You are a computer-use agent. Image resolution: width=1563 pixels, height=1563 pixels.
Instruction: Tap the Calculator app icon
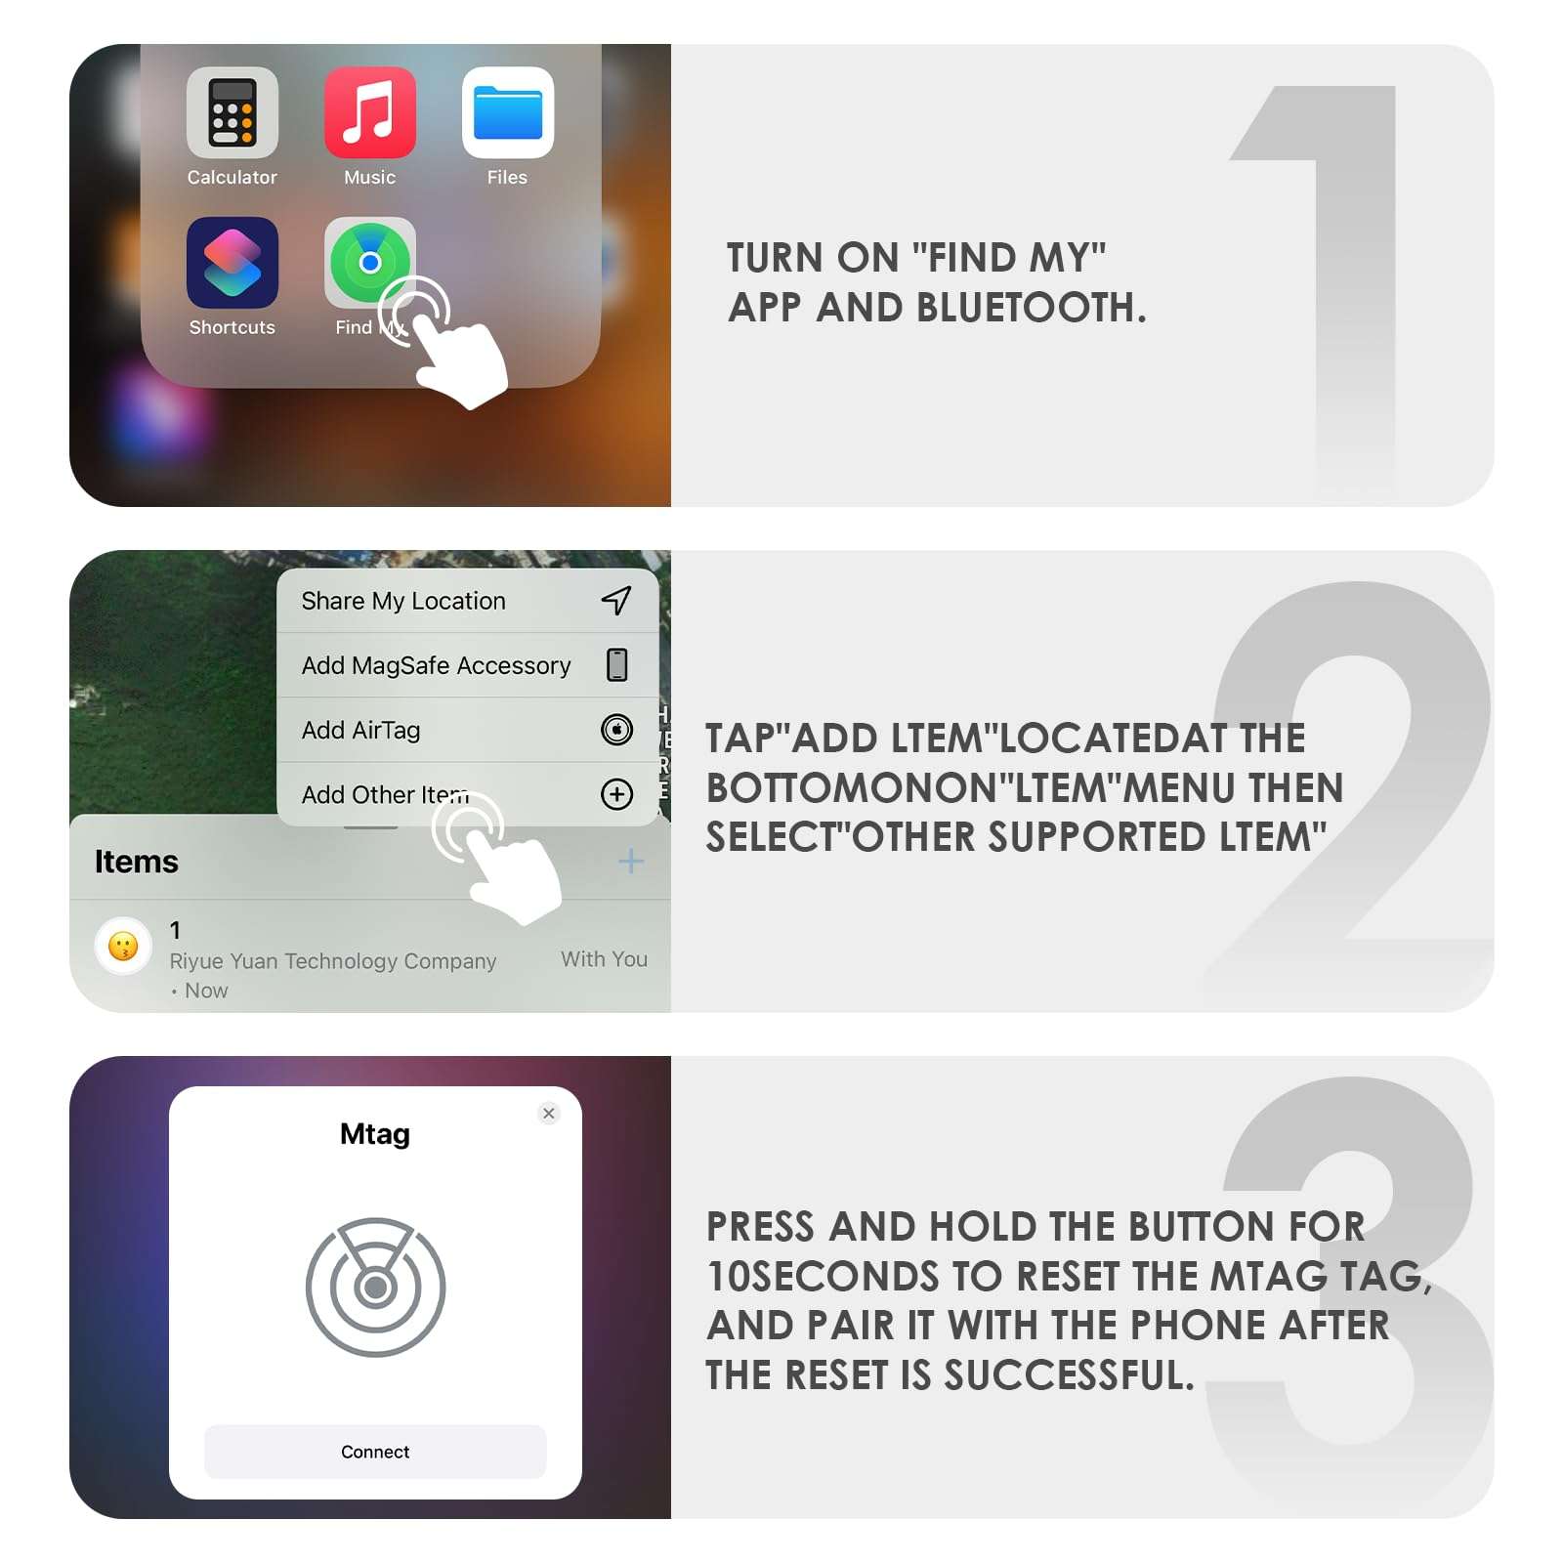232,112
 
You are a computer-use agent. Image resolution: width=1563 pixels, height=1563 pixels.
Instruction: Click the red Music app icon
369,112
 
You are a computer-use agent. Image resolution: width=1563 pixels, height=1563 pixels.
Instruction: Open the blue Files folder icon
507,112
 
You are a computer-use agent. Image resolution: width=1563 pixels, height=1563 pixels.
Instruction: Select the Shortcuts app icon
232,262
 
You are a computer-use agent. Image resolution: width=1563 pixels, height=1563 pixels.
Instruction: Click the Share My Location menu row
403,601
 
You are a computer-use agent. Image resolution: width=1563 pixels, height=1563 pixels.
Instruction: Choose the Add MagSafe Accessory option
436,665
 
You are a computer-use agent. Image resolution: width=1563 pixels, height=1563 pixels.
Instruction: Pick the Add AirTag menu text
360,730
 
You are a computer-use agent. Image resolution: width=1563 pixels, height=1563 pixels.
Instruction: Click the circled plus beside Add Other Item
616,794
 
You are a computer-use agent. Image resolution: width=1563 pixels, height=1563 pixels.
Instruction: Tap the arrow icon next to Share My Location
616,600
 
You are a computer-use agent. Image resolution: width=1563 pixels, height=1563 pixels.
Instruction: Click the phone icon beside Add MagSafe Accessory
616,664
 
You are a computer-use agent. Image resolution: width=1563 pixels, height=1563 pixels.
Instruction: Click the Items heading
136,862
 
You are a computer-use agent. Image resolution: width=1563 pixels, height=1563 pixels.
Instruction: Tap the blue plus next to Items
631,861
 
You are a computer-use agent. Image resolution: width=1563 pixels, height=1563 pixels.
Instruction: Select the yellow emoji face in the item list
123,946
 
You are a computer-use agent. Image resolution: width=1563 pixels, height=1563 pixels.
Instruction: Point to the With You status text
604,959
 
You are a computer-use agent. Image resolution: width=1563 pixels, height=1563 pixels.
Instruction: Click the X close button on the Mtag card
549,1113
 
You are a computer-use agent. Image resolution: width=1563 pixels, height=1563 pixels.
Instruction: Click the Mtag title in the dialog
375,1134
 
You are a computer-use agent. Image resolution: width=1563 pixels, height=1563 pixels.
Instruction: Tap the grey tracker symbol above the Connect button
375,1287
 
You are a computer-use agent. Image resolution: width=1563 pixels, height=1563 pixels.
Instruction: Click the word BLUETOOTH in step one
1030,308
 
